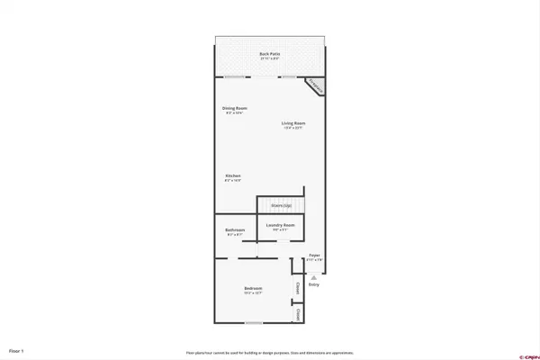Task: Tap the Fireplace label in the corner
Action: [314, 85]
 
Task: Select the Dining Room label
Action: [233, 109]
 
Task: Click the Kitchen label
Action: [232, 175]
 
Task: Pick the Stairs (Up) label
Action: [282, 206]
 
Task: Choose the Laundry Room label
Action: [281, 224]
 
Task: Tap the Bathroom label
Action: [235, 229]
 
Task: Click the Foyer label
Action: [315, 256]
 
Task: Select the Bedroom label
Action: [253, 289]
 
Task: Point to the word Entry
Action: [314, 285]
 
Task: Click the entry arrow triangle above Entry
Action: [314, 278]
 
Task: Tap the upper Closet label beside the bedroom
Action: [298, 289]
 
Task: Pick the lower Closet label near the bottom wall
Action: [298, 313]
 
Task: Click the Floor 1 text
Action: [16, 349]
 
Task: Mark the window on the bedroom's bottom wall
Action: [255, 322]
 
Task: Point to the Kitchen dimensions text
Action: [232, 180]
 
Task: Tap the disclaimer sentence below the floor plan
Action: [270, 352]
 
